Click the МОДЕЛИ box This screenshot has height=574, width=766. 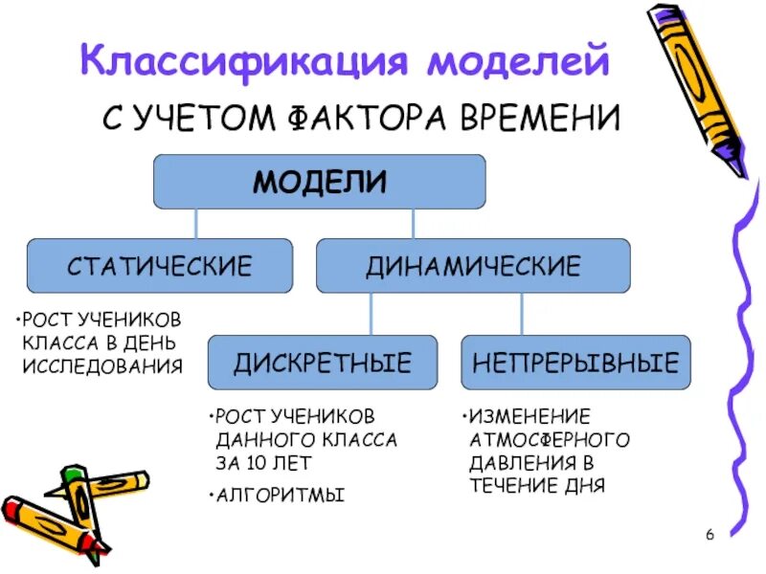(320, 182)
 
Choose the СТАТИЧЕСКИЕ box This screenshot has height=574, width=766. (159, 266)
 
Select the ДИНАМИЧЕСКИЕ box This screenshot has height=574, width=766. (473, 266)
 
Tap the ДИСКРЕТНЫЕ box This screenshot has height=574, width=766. (323, 363)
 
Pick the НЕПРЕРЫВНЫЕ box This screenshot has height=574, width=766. (575, 363)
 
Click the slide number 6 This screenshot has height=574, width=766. (710, 534)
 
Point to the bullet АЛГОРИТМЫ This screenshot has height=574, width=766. (281, 496)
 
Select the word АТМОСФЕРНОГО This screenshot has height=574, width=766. (550, 439)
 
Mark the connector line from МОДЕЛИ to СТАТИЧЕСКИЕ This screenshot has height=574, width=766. (196, 224)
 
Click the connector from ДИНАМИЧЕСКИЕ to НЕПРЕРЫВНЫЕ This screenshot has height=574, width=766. (522, 314)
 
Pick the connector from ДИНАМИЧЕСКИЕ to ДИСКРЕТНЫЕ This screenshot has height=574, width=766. (372, 314)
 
